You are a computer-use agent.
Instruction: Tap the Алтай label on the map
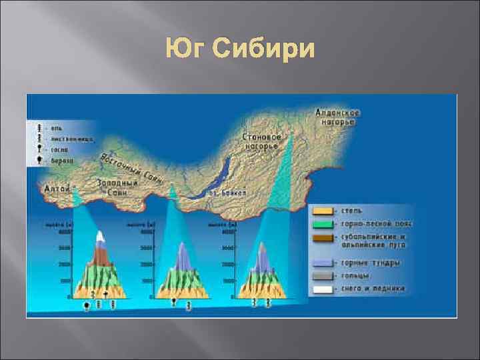click(x=57, y=189)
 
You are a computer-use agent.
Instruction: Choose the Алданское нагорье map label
click(x=338, y=117)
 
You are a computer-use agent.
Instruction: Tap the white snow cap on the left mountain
click(x=100, y=237)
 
